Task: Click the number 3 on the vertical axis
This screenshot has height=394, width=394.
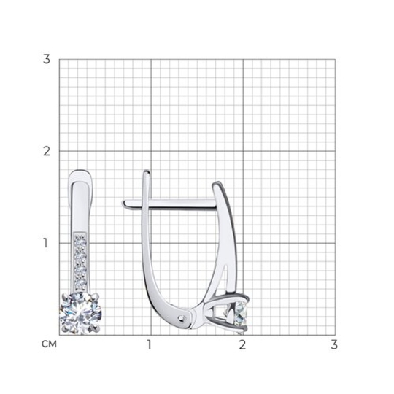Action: pos(47,59)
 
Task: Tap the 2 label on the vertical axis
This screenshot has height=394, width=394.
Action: pos(47,151)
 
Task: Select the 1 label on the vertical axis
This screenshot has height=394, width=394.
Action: pos(45,243)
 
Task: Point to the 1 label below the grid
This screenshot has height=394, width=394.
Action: pos(150,344)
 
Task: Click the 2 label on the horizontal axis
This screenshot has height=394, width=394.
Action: pos(242,344)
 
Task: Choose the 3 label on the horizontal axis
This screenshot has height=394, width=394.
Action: pos(334,344)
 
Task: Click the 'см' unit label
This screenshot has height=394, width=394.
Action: pos(49,344)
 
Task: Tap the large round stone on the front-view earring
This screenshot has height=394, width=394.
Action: pos(80,313)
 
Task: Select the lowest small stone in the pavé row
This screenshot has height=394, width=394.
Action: pos(80,285)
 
